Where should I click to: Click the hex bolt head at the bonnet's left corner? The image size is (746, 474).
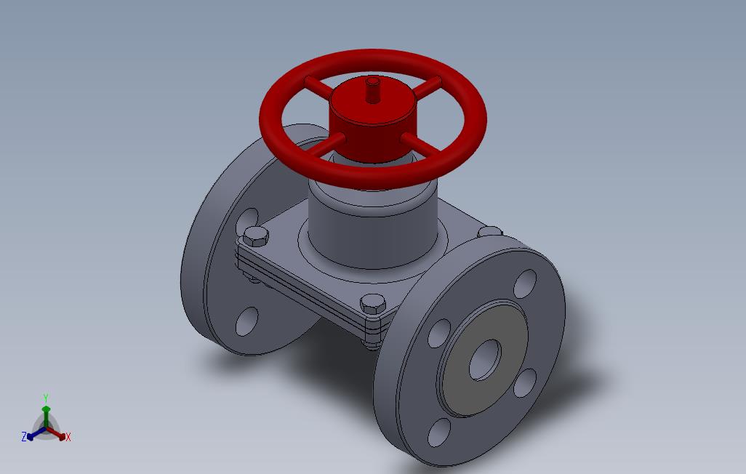(255, 236)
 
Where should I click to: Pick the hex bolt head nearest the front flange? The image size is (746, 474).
(372, 304)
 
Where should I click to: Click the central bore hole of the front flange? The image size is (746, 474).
(485, 360)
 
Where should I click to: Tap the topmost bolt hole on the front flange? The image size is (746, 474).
(525, 284)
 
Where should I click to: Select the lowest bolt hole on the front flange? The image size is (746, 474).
(440, 433)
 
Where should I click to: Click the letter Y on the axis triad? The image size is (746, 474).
(46, 398)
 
